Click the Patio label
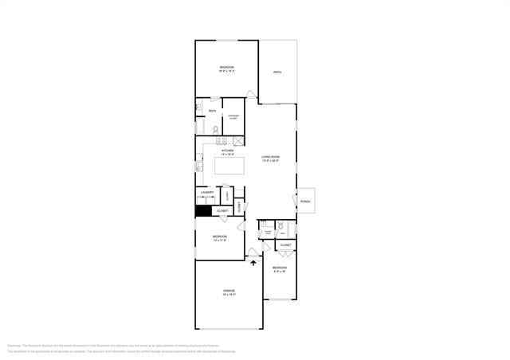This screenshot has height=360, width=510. coord(277,72)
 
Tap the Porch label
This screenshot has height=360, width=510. coord(306,202)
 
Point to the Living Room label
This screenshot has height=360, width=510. coord(270,158)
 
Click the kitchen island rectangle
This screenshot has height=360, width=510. coord(229,166)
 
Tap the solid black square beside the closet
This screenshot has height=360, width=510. coord(202,211)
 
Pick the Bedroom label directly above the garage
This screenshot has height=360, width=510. coord(220,237)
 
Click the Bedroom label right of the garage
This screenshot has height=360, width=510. coord(279,268)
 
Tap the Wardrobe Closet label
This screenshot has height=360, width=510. coord(233,117)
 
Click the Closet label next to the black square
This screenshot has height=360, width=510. coord(222,211)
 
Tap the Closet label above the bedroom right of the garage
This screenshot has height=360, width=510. coord(285,245)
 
